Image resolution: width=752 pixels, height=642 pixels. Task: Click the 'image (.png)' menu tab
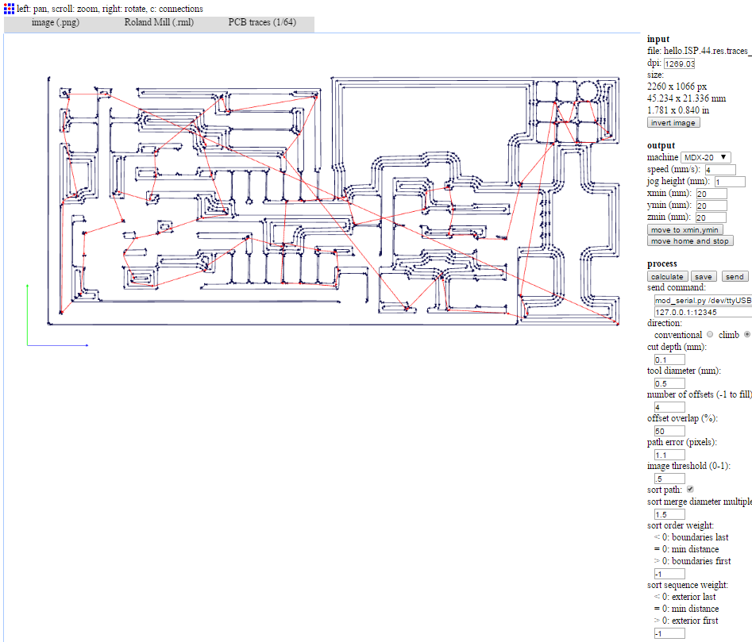click(55, 22)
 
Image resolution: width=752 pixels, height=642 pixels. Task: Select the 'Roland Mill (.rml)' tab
click(160, 22)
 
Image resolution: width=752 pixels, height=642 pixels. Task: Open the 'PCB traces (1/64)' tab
click(262, 22)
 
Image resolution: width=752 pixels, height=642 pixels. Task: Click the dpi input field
click(679, 63)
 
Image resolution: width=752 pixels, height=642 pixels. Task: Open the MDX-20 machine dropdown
click(705, 157)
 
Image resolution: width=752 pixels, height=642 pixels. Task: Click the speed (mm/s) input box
click(720, 170)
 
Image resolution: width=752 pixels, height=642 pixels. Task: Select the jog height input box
click(730, 182)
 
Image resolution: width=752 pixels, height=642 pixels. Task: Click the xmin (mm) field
click(712, 194)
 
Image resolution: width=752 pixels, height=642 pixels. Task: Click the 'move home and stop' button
click(690, 241)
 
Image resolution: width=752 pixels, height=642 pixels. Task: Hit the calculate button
click(667, 276)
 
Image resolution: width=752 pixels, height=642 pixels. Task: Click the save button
click(703, 276)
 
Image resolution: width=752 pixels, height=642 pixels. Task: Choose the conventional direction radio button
click(710, 334)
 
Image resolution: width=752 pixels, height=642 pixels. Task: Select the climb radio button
click(746, 334)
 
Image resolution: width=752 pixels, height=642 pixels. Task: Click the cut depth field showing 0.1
click(669, 359)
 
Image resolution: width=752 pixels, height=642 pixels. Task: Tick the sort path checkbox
click(690, 489)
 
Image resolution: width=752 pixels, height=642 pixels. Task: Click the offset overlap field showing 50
click(669, 431)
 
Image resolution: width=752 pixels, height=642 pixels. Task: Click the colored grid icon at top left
click(9, 9)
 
